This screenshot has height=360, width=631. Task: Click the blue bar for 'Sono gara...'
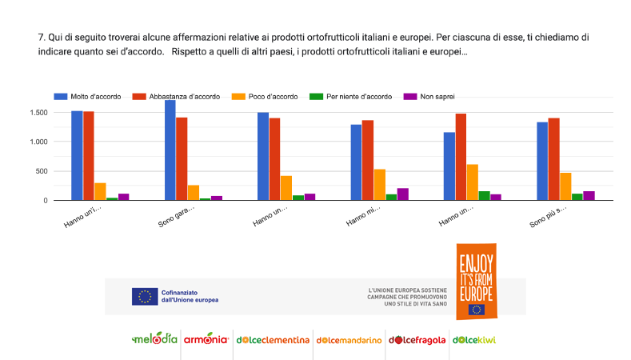click(170, 150)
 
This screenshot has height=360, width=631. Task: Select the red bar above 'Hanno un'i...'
click(88, 156)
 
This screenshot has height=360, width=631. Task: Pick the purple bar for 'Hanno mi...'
click(402, 194)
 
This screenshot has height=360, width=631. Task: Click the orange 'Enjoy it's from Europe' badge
click(476, 281)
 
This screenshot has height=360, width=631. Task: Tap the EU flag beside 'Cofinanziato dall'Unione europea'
click(144, 296)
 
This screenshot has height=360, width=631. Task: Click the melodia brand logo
click(154, 339)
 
